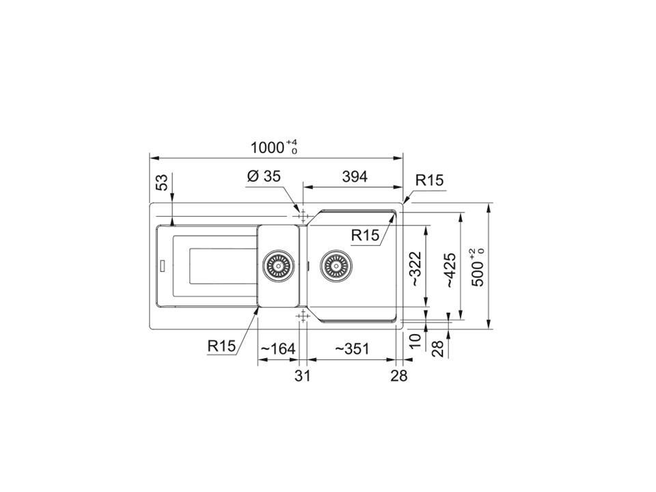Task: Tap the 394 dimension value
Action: coord(355,176)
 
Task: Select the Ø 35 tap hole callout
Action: coord(264,176)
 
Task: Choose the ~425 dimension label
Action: coord(450,270)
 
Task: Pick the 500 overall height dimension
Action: coord(478,268)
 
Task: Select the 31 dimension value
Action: coord(303,376)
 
